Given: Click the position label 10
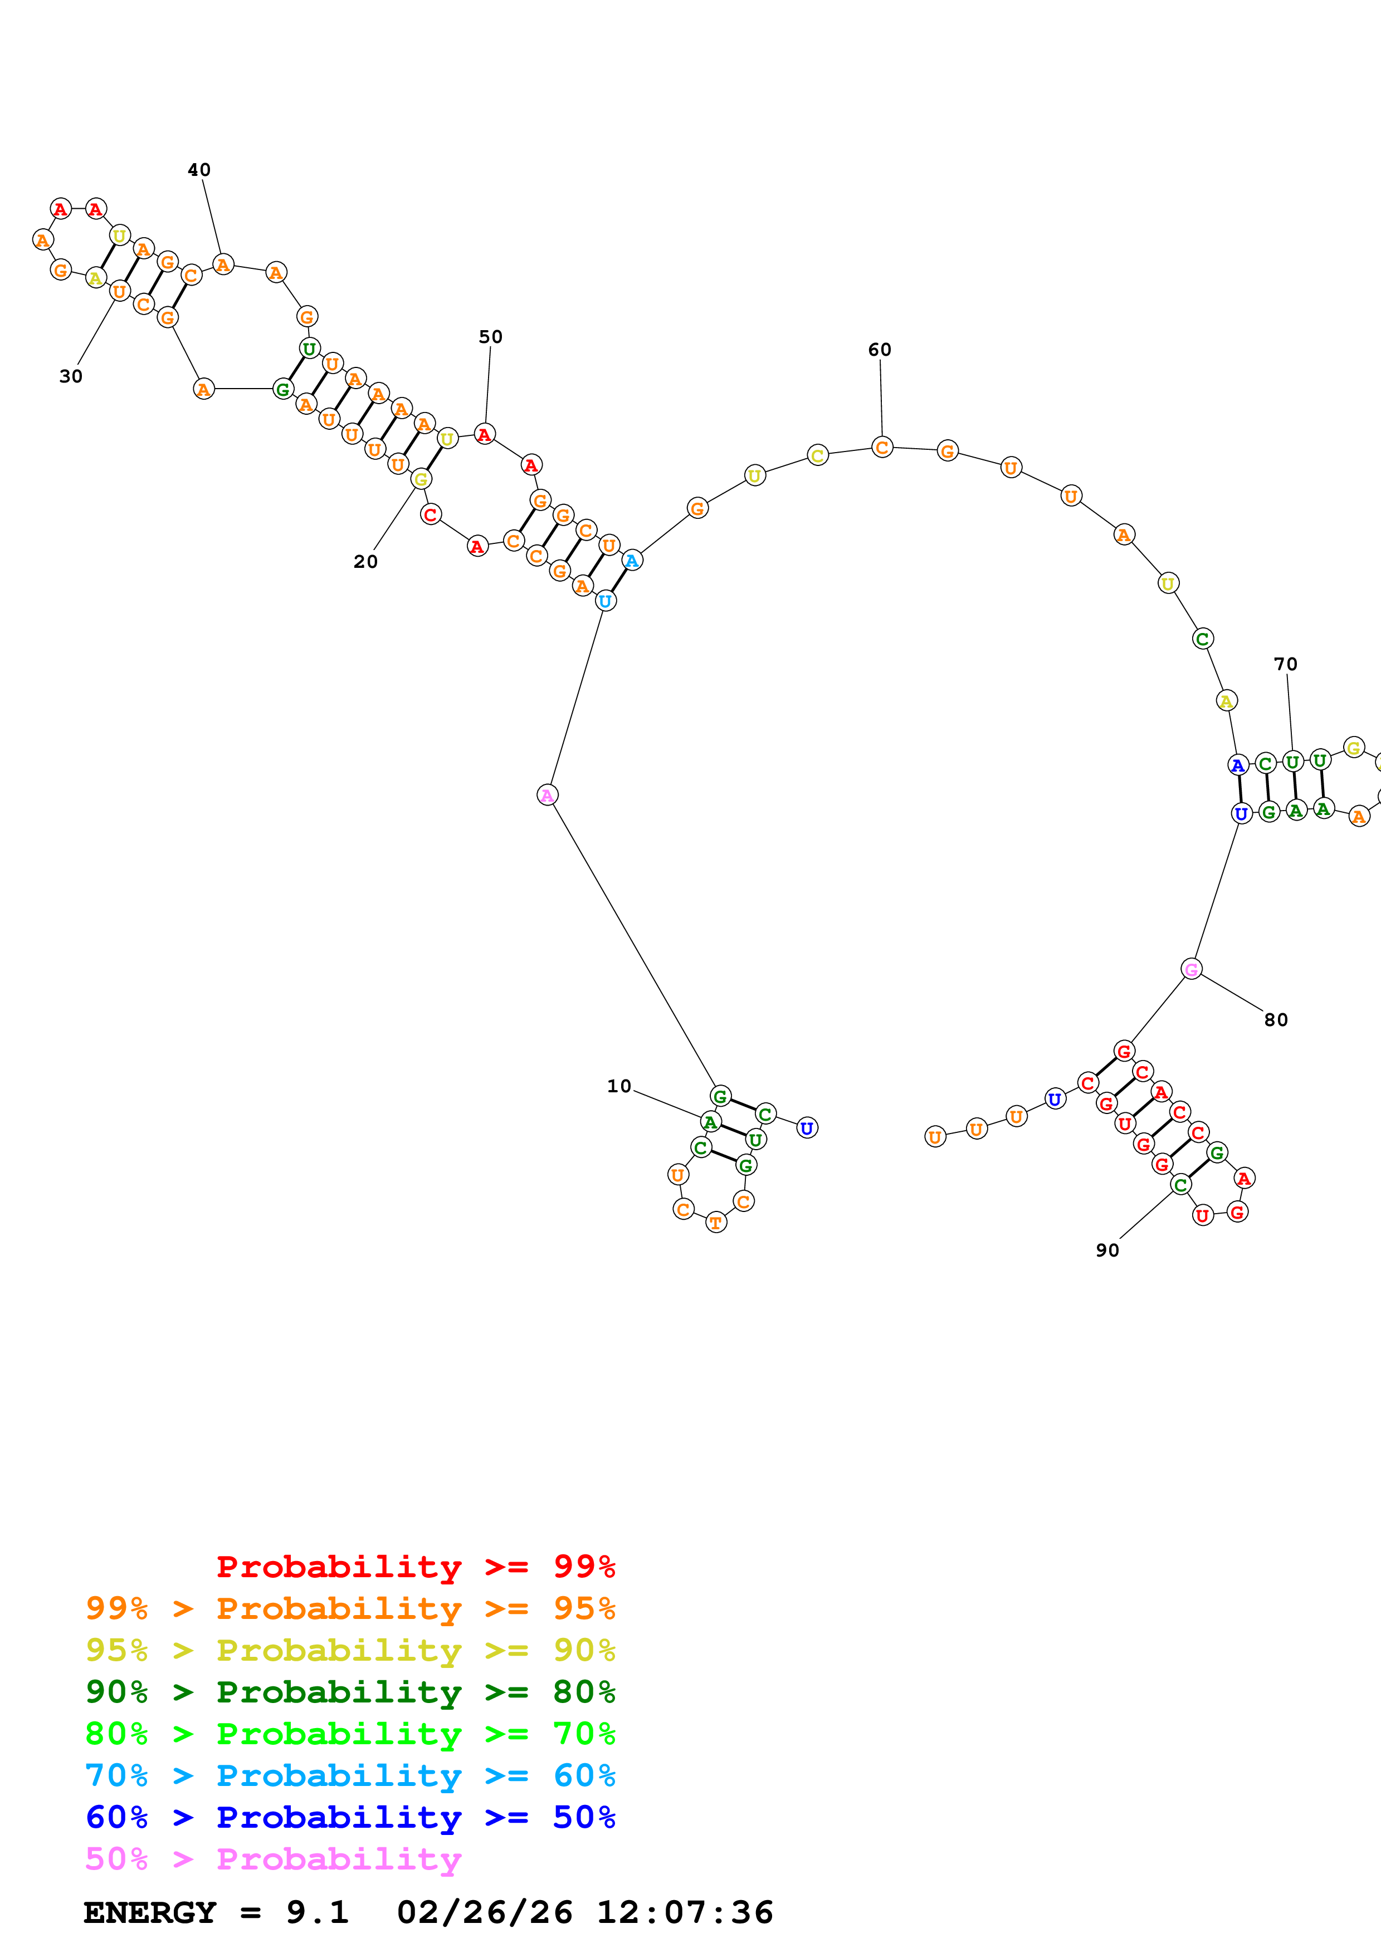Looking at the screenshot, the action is tap(618, 1086).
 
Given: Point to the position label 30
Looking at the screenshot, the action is tap(71, 376).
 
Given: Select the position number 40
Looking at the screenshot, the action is tap(199, 170).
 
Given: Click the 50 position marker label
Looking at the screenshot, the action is tap(490, 337).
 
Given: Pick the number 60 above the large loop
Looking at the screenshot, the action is tap(879, 350).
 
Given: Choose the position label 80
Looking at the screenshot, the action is tap(1276, 1020).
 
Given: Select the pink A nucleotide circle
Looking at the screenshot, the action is tap(547, 796).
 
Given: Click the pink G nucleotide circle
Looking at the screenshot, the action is tap(1191, 969).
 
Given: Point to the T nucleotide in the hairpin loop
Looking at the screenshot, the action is tap(716, 1223).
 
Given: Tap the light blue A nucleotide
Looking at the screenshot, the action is tap(631, 561).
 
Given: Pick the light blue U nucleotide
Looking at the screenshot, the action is tap(604, 601).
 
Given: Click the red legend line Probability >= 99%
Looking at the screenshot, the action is tap(415, 1567).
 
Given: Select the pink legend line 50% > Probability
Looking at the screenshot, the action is tap(273, 1859).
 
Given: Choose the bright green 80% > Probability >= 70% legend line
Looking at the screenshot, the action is tap(350, 1734).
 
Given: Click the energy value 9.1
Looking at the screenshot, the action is tap(316, 1913).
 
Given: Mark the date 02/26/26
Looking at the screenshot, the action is tap(484, 1913).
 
